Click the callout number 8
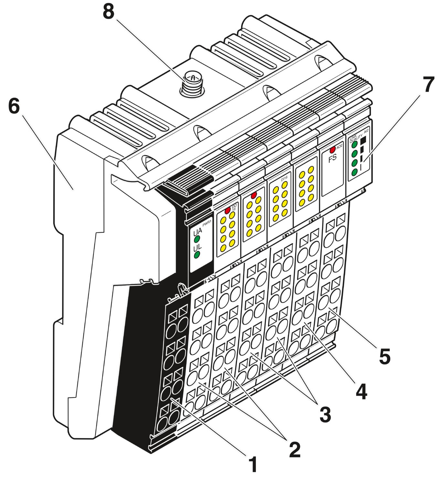pos(109,12)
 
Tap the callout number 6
pos(14,106)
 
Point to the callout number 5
pos(385,356)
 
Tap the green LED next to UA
pos(197,240)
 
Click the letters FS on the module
pos(332,158)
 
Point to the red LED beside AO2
pos(332,150)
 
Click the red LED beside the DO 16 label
pos(227,210)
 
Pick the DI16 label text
pos(284,178)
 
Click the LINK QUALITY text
pos(355,138)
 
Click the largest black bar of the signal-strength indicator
pos(363,140)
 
